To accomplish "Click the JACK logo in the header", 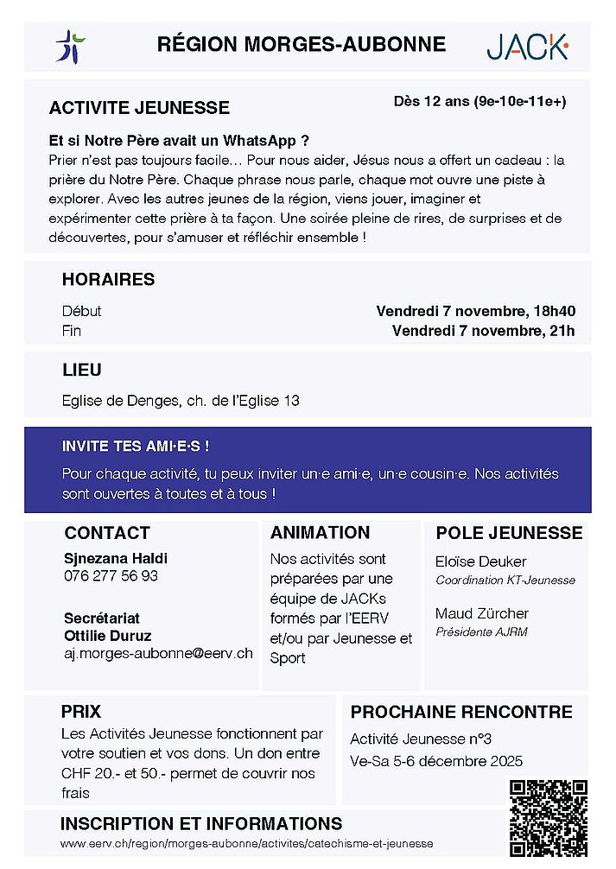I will (x=526, y=47).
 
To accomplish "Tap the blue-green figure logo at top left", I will (x=70, y=46).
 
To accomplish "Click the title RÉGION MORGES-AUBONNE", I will (x=302, y=44).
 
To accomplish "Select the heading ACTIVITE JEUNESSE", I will (x=139, y=108).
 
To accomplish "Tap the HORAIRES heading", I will (x=108, y=280).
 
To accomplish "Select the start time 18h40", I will (x=554, y=311).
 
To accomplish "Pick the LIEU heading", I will (x=81, y=370).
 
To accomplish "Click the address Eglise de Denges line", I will (x=181, y=401).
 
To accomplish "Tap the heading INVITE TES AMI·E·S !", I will (x=136, y=447).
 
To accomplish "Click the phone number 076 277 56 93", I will (x=111, y=575).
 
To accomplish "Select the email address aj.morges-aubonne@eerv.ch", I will (x=158, y=653).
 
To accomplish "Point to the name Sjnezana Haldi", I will (x=116, y=558).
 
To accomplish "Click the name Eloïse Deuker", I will (x=480, y=561).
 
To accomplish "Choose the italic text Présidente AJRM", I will (x=481, y=631).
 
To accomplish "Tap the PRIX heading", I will (x=80, y=712).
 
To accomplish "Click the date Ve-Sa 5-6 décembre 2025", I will (x=436, y=762).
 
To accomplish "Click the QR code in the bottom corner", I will (x=548, y=818).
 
